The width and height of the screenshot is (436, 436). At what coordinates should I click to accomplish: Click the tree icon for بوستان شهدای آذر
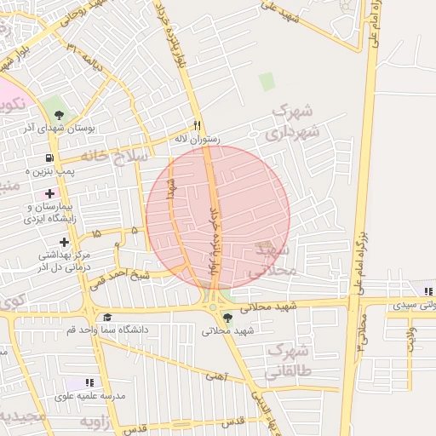59,113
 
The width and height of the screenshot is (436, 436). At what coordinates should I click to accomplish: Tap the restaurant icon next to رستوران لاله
198,124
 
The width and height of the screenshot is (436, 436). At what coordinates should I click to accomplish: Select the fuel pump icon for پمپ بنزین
50,158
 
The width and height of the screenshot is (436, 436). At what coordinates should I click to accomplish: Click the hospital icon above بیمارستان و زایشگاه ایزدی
50,193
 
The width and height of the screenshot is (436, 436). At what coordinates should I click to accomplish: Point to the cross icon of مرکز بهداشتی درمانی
64,242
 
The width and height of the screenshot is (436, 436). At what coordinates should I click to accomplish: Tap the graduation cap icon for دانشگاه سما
107,317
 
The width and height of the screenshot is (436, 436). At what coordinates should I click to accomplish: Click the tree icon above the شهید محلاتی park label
226,318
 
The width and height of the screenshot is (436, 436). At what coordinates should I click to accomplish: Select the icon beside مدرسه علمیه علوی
89,383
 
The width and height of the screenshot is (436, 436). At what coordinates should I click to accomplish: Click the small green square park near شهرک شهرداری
267,82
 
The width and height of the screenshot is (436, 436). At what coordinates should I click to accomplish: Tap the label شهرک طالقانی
289,360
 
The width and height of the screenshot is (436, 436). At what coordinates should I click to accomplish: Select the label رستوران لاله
197,138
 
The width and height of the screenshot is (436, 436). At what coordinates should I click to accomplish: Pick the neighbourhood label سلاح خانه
115,157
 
